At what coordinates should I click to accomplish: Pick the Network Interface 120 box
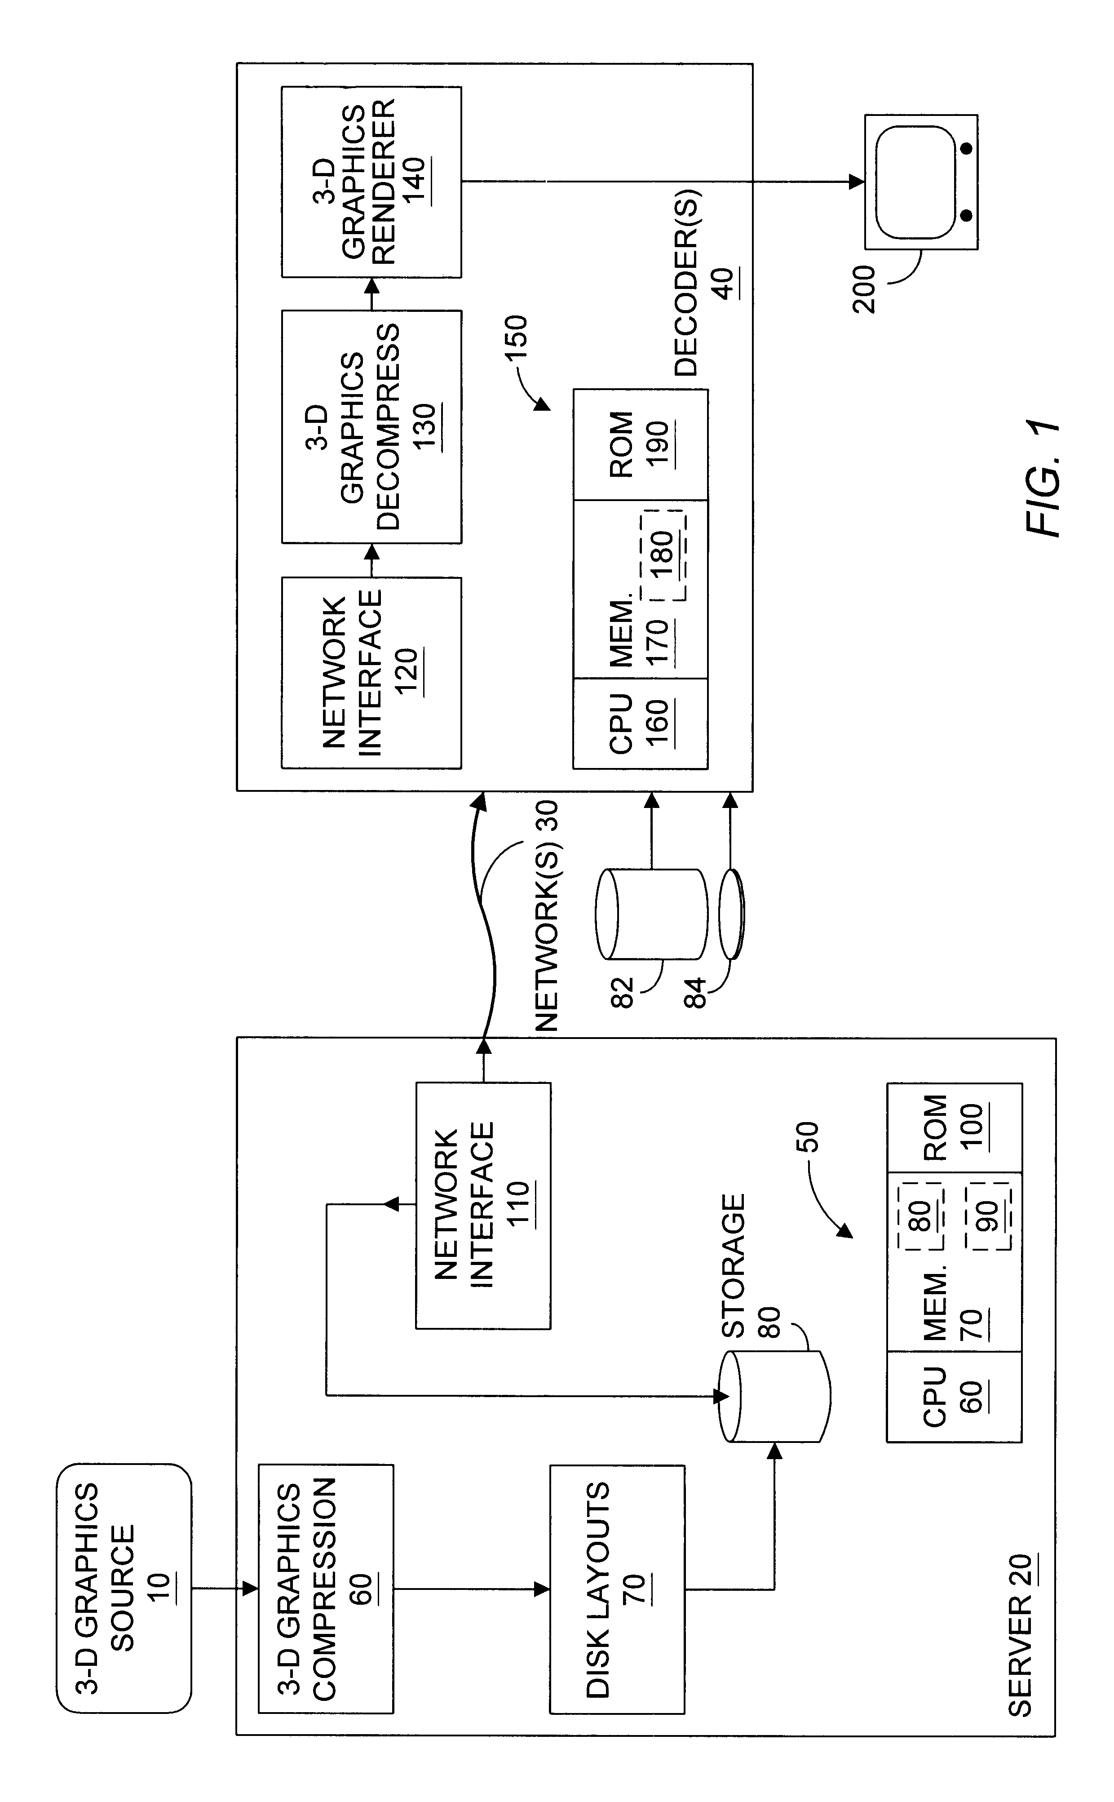[x=371, y=672]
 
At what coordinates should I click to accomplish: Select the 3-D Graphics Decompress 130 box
[x=371, y=427]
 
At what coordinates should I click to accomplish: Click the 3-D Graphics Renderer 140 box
[x=371, y=182]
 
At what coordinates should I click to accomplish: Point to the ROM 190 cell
[x=640, y=444]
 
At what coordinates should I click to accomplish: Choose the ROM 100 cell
[x=954, y=1127]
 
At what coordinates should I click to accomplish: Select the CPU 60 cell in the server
[x=954, y=1396]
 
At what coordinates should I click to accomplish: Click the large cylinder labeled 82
[x=651, y=914]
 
